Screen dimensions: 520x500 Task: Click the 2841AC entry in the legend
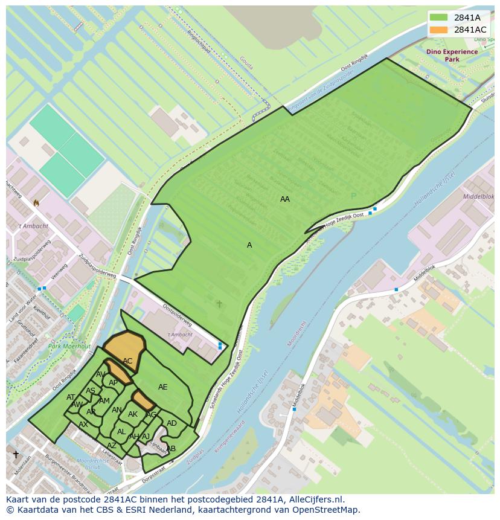[x=470, y=30]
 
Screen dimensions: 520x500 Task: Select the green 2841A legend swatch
[x=439, y=18]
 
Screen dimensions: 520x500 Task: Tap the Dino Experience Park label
[x=452, y=56]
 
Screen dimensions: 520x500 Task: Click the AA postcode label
[x=285, y=199]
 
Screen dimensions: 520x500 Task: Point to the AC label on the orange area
[x=127, y=361]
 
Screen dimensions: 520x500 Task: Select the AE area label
[x=163, y=387]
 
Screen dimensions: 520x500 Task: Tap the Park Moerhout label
[x=69, y=347]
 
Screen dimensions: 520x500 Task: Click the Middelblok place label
[x=478, y=197]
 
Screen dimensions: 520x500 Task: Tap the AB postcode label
[x=171, y=449]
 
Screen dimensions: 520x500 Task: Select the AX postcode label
[x=83, y=425]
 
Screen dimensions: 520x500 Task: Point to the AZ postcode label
[x=112, y=446]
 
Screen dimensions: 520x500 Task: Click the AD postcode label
[x=171, y=423]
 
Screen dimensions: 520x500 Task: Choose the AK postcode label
[x=133, y=414]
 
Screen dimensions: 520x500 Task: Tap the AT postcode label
[x=71, y=397]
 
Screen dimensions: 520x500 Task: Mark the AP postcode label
[x=113, y=383]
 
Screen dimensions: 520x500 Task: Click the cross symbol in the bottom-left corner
[x=16, y=454]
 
